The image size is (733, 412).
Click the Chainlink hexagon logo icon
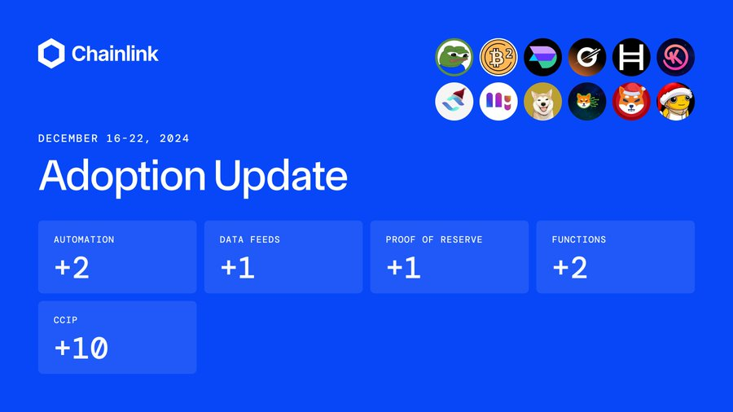click(x=51, y=53)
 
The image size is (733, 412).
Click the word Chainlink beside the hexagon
click(x=115, y=54)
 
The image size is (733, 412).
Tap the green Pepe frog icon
click(x=454, y=57)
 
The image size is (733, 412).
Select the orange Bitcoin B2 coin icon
click(x=498, y=57)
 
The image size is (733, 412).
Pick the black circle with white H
click(x=631, y=57)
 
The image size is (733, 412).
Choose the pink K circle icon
click(x=675, y=57)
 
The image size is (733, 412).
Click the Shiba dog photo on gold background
click(x=542, y=101)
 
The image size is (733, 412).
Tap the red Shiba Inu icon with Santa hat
click(x=631, y=101)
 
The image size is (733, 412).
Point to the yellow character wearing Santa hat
click(x=675, y=101)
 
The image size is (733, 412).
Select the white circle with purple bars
click(x=498, y=101)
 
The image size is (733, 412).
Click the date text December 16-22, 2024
click(x=113, y=138)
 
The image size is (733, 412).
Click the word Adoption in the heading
click(x=122, y=176)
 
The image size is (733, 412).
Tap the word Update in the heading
click(x=280, y=176)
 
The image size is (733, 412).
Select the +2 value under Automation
click(x=72, y=268)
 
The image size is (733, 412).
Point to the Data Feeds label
click(x=250, y=239)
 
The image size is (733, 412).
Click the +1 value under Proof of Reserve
click(x=403, y=268)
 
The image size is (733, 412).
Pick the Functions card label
click(x=579, y=239)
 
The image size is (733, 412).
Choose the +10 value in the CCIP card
click(x=81, y=348)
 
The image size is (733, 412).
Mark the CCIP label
click(x=65, y=320)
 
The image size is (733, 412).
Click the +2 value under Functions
click(x=569, y=268)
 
